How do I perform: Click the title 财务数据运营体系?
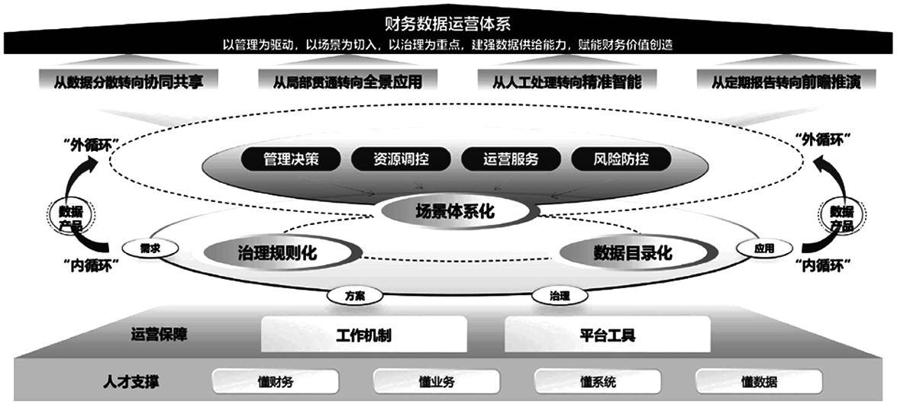point(448,24)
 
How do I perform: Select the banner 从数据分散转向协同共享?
point(129,82)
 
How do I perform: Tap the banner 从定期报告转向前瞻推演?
point(786,82)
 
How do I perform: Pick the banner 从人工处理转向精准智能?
point(567,82)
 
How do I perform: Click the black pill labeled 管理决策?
point(291,159)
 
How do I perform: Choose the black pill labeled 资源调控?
point(401,159)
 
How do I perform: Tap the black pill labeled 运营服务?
point(511,159)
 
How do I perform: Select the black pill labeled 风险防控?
point(621,159)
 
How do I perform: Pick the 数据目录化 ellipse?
point(637,253)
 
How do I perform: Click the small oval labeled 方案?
point(355,296)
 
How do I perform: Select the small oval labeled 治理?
point(560,296)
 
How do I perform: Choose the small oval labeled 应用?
point(763,248)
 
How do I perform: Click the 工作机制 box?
point(364,335)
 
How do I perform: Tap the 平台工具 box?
point(607,335)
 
